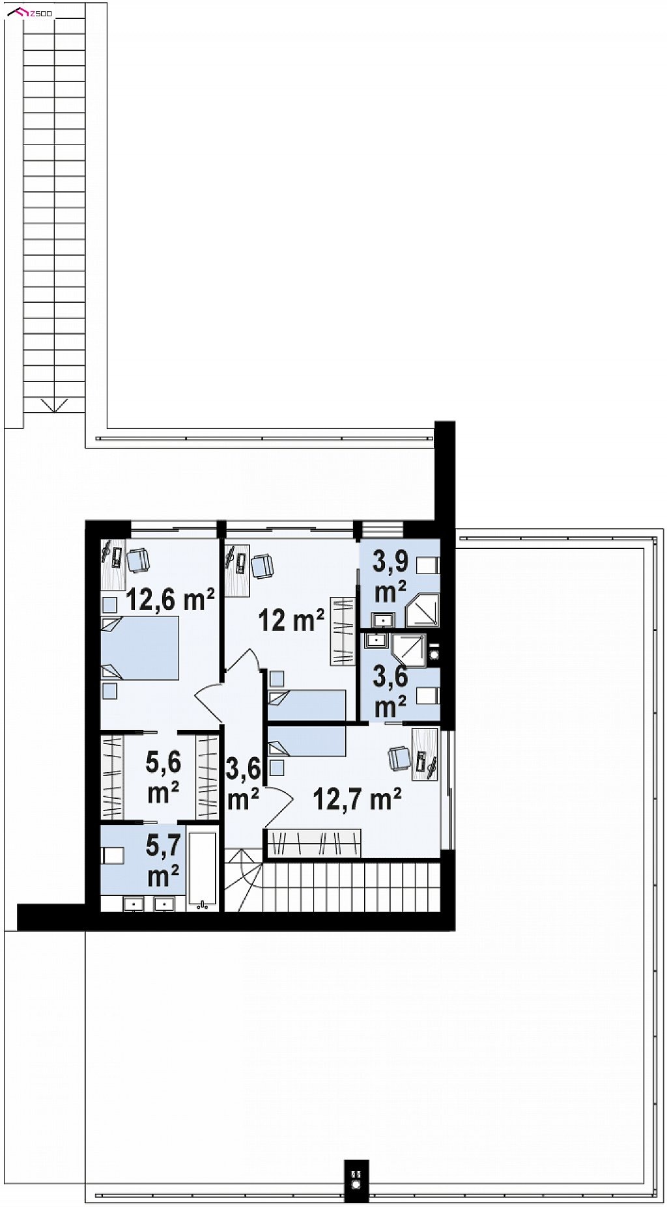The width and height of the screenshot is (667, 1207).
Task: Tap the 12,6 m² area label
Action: pos(170,599)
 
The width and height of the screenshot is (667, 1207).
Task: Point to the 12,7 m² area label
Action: pos(357,799)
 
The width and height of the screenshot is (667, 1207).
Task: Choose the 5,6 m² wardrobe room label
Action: pos(163,777)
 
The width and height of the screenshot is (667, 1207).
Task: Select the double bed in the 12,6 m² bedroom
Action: pos(140,648)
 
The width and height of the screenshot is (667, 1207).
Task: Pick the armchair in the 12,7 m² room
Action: pos(399,758)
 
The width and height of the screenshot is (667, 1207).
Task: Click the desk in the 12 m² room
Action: pos(237,571)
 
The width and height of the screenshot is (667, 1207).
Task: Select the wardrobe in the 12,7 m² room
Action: pos(313,844)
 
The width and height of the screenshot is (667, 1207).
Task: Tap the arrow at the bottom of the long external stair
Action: pos(54,405)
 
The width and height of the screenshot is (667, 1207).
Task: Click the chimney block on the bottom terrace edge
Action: pos(356,1180)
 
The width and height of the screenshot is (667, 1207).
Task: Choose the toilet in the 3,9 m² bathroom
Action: pos(428,565)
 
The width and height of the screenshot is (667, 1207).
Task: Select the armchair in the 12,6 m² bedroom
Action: pos(138,560)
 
